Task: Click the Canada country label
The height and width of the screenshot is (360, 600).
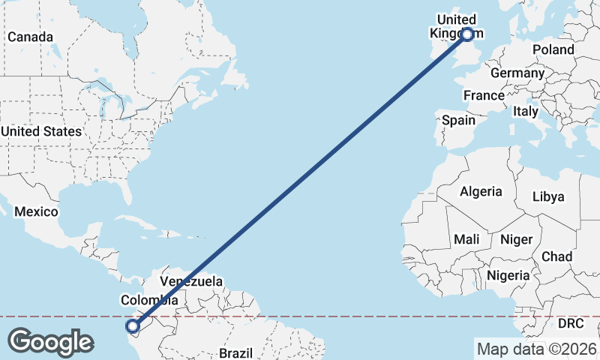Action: [x=30, y=37]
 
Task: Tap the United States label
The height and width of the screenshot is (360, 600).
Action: [x=41, y=131]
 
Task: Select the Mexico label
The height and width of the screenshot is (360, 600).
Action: [x=36, y=211]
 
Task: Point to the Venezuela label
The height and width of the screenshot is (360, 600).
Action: [x=191, y=281]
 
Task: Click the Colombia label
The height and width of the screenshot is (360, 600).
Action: [x=150, y=300]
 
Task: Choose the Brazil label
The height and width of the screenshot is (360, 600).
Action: [x=235, y=352]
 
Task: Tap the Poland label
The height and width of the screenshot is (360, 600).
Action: [x=553, y=49]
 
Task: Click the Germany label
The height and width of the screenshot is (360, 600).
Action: [x=517, y=73]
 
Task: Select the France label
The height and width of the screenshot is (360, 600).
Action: [x=484, y=95]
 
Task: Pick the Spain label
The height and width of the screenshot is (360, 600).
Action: [x=458, y=120]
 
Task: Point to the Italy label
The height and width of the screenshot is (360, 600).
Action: [x=525, y=111]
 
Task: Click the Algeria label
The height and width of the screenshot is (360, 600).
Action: [x=481, y=191]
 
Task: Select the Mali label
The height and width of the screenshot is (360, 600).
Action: [x=466, y=239]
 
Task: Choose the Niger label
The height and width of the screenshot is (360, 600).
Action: [x=516, y=239]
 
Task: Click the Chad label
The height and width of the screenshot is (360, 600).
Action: [x=556, y=256]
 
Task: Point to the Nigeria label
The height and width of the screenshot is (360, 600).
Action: [x=508, y=275]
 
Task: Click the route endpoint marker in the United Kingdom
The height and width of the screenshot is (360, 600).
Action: [x=467, y=34]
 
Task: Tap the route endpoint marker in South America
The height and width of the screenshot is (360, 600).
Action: [x=133, y=325]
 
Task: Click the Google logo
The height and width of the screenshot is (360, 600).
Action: [x=50, y=341]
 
